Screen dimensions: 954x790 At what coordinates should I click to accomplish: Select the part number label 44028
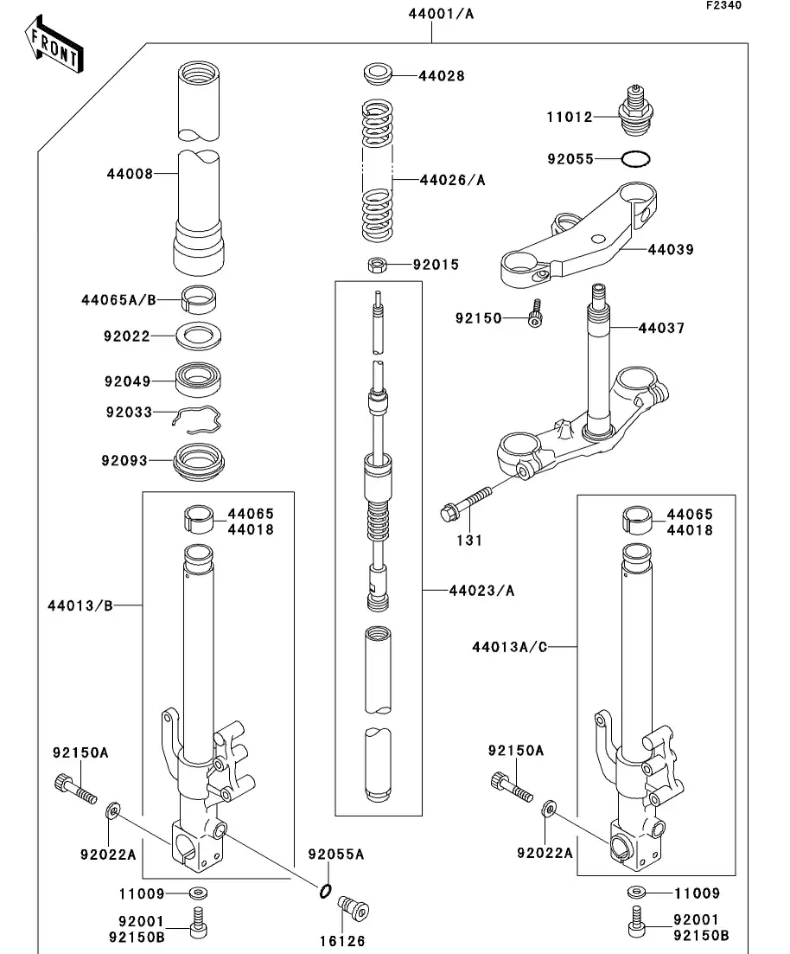[442, 76]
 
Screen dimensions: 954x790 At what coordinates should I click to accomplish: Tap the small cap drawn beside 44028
[376, 73]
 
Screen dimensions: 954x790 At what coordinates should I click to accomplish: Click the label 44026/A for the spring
[452, 180]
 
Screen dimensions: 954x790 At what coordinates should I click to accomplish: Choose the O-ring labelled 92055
[636, 159]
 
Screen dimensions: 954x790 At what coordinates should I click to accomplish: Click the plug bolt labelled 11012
[636, 108]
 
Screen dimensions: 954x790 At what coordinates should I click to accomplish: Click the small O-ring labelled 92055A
[325, 892]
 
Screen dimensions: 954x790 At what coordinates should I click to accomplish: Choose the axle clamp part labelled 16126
[352, 909]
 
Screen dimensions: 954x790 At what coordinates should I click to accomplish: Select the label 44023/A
[481, 591]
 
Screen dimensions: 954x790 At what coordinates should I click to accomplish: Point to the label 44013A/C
[510, 646]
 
